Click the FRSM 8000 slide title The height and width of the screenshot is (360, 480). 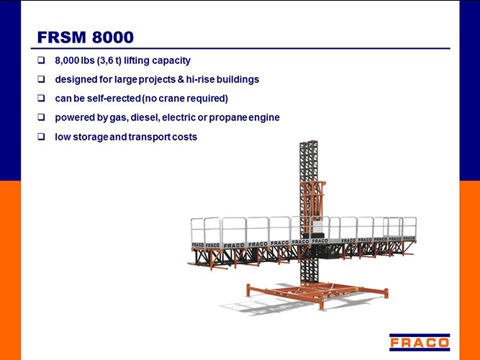[86, 37]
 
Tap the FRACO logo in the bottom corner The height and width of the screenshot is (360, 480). [420, 342]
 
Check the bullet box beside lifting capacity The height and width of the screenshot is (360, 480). [41, 60]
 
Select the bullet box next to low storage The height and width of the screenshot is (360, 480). [41, 137]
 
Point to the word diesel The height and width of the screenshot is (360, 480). [145, 117]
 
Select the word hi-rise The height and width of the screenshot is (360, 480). [200, 79]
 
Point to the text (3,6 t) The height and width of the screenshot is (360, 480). [109, 60]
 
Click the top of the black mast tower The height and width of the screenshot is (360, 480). [309, 143]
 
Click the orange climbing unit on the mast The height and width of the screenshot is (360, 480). [312, 199]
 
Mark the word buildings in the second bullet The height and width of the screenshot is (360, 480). [238, 80]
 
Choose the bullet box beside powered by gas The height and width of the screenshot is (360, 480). [41, 117]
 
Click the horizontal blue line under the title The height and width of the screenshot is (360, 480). [240, 48]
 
